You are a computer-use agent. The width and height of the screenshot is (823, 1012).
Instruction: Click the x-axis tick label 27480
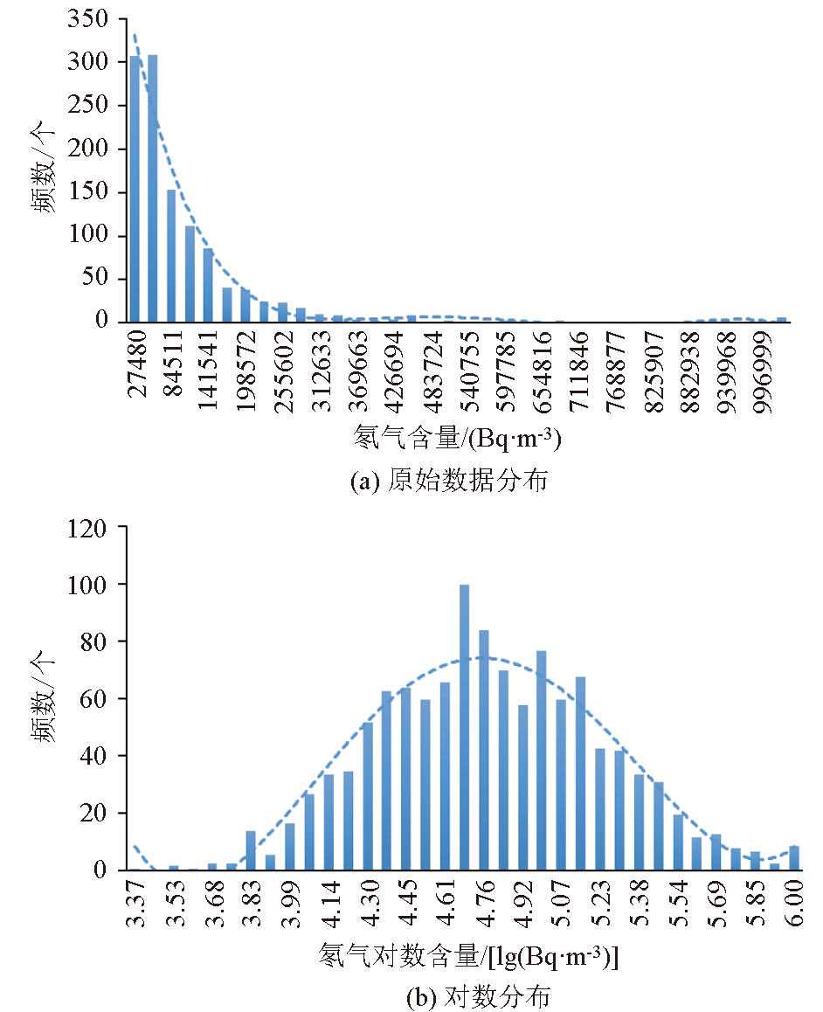point(138,364)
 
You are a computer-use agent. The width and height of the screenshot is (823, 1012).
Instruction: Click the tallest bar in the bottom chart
point(464,727)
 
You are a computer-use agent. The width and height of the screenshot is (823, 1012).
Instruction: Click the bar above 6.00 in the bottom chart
point(794,858)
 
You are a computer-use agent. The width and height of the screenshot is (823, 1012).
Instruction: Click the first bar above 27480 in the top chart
point(135,189)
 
